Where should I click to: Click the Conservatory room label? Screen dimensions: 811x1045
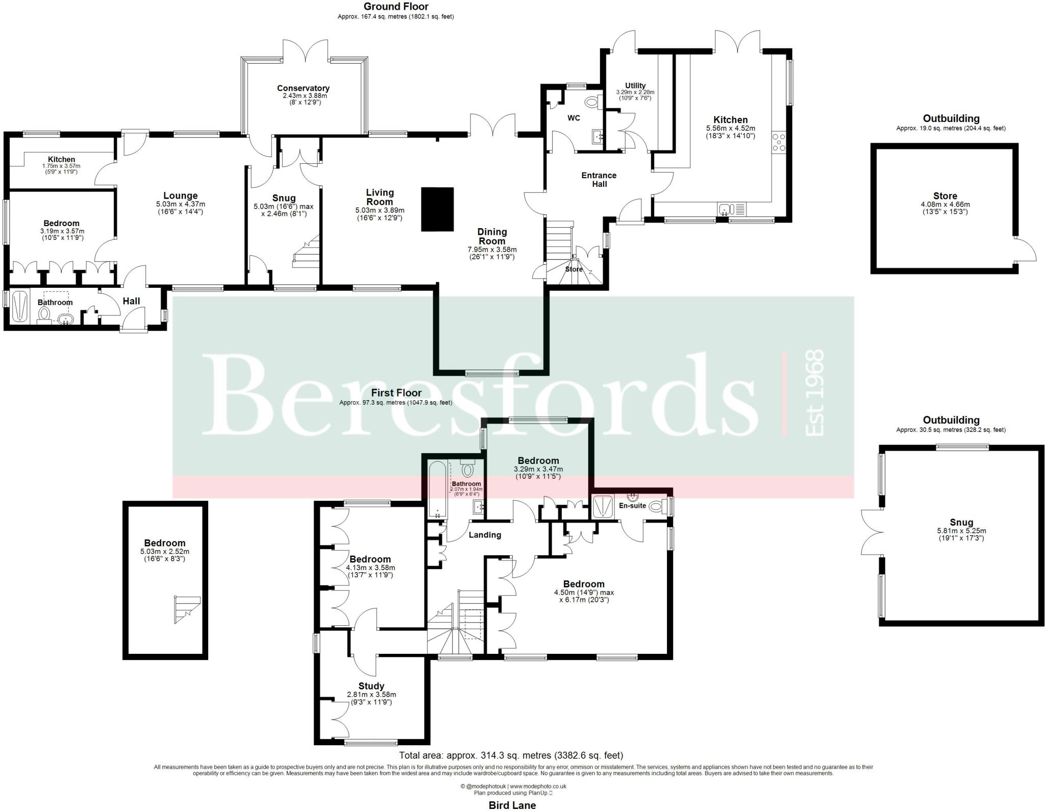pyautogui.click(x=303, y=88)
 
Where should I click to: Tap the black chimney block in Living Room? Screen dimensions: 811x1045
pyautogui.click(x=437, y=209)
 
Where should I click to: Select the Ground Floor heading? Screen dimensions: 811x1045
pyautogui.click(x=395, y=7)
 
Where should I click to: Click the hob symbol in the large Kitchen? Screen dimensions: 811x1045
pyautogui.click(x=779, y=142)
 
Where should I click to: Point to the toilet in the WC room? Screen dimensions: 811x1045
pyautogui.click(x=592, y=103)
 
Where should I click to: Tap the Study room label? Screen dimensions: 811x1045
pyautogui.click(x=371, y=686)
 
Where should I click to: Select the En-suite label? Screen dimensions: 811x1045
pyautogui.click(x=632, y=506)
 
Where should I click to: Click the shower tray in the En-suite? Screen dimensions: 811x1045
pyautogui.click(x=603, y=506)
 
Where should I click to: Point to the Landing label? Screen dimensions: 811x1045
pyautogui.click(x=485, y=535)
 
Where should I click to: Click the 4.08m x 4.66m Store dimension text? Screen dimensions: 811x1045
pyautogui.click(x=945, y=205)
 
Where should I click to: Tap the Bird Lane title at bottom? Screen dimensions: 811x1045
pyautogui.click(x=512, y=805)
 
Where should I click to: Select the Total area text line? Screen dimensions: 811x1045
pyautogui.click(x=511, y=755)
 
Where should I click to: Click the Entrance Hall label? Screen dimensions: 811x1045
pyautogui.click(x=599, y=180)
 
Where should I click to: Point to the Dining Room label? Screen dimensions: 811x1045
pyautogui.click(x=492, y=236)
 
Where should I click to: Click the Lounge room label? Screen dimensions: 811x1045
pyautogui.click(x=180, y=195)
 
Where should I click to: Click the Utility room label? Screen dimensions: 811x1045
pyautogui.click(x=635, y=85)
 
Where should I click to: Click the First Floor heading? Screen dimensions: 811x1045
pyautogui.click(x=396, y=392)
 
